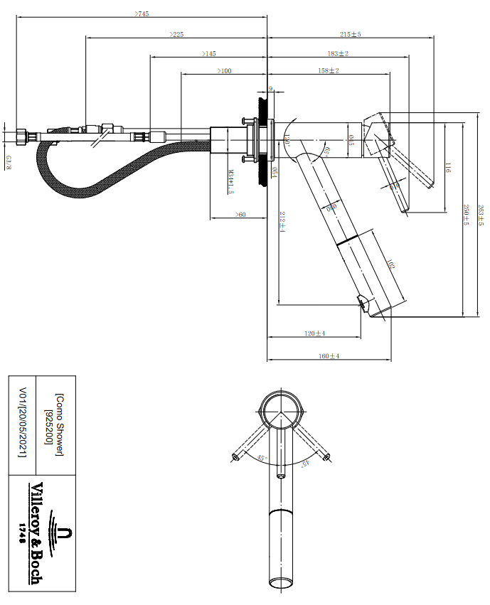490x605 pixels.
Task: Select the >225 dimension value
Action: tap(176, 34)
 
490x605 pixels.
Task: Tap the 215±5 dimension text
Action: tap(350, 34)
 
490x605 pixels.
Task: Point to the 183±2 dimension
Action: tap(337, 53)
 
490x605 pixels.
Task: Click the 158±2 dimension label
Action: tap(328, 71)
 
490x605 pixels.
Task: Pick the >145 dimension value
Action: tap(209, 53)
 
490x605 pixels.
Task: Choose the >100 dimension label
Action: tap(225, 71)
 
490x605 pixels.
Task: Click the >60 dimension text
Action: tap(240, 214)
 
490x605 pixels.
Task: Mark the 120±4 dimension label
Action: tap(314, 333)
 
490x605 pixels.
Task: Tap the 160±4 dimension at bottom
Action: tap(329, 355)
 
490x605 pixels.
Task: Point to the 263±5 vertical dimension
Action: tap(480, 214)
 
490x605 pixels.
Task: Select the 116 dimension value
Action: tap(447, 168)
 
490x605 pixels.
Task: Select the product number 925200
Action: tap(48, 425)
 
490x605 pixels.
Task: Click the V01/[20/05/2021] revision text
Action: tap(23, 422)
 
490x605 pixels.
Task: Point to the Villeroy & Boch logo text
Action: tap(36, 533)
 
